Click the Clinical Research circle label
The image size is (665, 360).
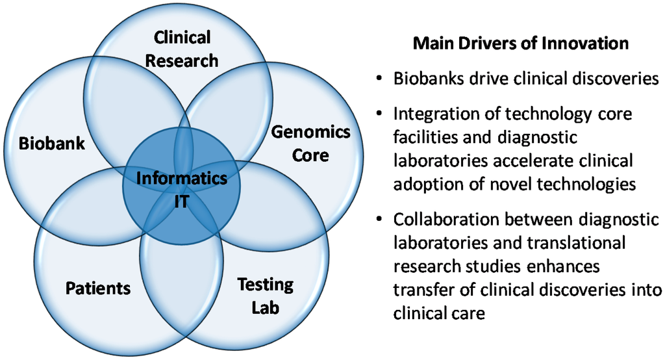point(181,49)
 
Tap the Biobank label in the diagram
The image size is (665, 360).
point(51,143)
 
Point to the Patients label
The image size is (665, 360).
point(98,287)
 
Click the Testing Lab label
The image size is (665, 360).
point(265,295)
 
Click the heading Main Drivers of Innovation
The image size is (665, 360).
point(521,44)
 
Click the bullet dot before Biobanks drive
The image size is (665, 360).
point(379,80)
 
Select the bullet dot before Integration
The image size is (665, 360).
point(379,115)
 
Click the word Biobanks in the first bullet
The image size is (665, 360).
point(425,79)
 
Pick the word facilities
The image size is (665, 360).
point(421,138)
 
